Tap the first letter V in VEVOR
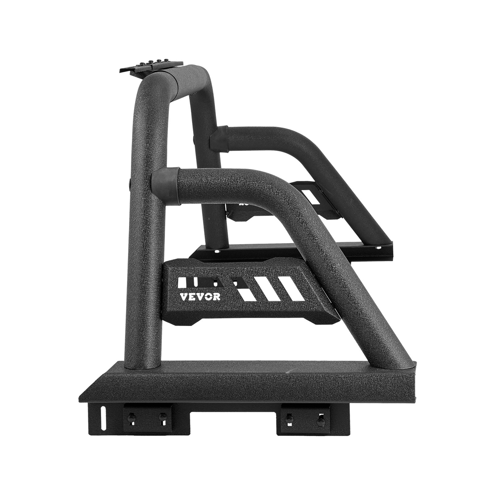pos(183,296)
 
